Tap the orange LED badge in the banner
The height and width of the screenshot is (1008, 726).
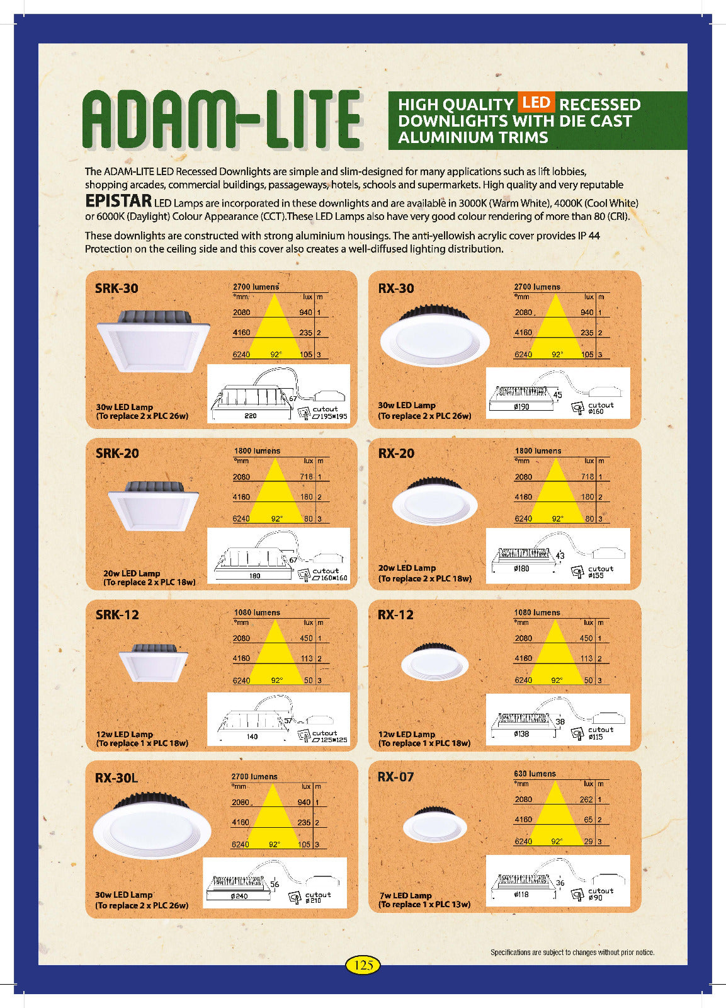(536, 102)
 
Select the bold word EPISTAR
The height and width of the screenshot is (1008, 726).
(118, 201)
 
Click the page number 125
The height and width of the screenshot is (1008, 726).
(363, 965)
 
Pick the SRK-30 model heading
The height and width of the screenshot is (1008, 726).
(116, 289)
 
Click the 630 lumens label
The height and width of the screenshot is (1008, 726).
(535, 774)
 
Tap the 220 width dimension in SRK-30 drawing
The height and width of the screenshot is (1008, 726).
(251, 416)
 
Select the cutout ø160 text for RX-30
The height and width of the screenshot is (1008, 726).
(599, 408)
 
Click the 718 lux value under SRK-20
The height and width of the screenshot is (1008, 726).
(306, 477)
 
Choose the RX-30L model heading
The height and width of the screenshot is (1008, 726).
(116, 778)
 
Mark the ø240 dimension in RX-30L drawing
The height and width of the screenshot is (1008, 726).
(239, 896)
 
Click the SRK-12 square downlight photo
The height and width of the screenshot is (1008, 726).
(154, 663)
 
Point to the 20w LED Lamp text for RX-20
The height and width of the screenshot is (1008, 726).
(407, 568)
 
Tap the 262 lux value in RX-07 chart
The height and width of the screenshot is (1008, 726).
(586, 799)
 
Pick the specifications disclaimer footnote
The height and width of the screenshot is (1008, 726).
(572, 953)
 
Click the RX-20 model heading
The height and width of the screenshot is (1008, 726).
(396, 454)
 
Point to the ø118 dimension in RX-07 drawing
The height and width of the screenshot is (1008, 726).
(521, 894)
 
